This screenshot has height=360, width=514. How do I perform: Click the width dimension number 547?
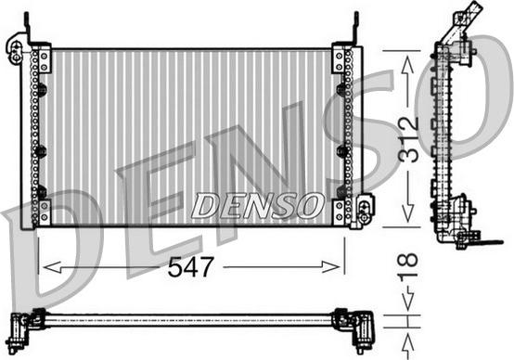point(191,267)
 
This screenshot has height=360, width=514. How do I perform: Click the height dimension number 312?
point(408,139)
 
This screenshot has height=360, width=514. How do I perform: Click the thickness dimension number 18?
point(408,265)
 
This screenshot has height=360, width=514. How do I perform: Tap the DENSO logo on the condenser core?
point(258,206)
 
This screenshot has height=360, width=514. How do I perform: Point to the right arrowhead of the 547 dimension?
point(331,267)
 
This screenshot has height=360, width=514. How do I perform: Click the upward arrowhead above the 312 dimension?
point(407,64)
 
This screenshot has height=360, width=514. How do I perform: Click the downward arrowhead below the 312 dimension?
point(407,213)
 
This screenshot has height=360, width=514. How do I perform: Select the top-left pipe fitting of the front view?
point(15,51)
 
